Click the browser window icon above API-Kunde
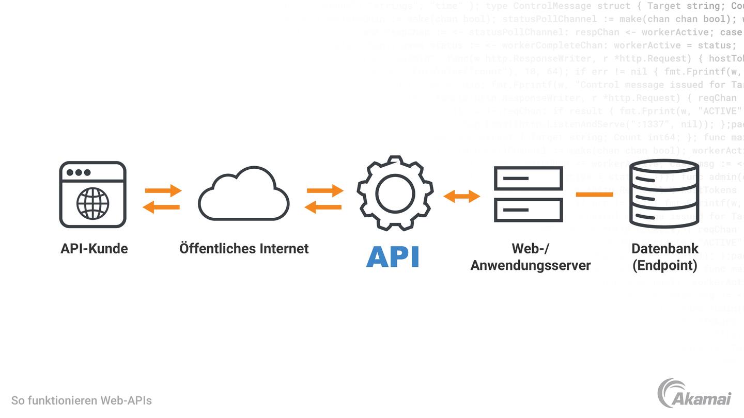[x=93, y=194]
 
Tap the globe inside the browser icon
[x=93, y=203]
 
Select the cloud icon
[x=243, y=195]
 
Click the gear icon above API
[x=395, y=192]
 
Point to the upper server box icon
[x=528, y=179]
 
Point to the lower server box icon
[x=528, y=210]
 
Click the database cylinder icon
[x=664, y=194]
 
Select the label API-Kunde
[x=94, y=249]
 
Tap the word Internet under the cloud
[x=284, y=249]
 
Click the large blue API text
[x=393, y=256]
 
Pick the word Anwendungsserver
[x=531, y=266]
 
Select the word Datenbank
[x=665, y=249]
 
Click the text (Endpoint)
[x=665, y=266]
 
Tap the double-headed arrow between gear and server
[x=462, y=196]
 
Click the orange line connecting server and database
[x=594, y=195]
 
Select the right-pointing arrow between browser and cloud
[x=163, y=190]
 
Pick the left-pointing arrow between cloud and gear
[x=323, y=207]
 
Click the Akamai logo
[x=694, y=394]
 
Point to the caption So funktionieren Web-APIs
[x=82, y=400]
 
